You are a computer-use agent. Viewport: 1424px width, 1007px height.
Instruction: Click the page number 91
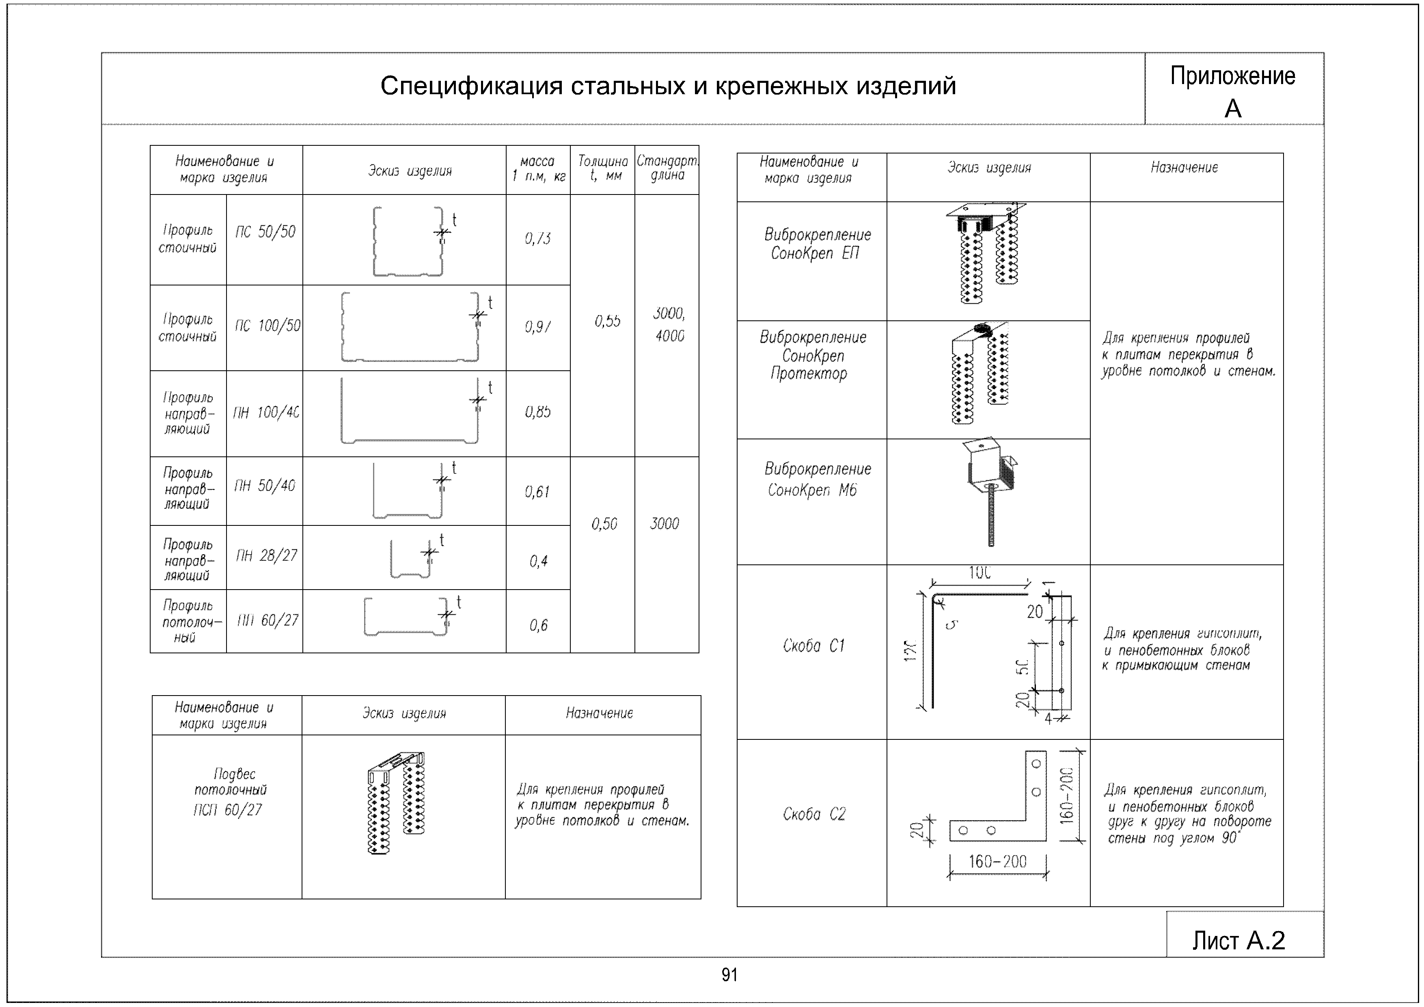[x=729, y=975]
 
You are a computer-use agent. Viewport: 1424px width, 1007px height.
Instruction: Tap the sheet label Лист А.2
[x=1238, y=941]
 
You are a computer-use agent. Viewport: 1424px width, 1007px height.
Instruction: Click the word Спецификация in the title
[x=471, y=86]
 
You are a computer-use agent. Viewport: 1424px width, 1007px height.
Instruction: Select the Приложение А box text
[x=1232, y=92]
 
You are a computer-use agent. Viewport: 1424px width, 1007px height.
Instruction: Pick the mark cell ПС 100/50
[x=267, y=326]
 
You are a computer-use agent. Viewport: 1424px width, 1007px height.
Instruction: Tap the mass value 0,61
[x=537, y=492]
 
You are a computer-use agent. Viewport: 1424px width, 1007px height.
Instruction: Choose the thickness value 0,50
[x=604, y=524]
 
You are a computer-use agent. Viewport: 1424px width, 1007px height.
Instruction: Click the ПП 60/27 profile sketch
[x=406, y=618]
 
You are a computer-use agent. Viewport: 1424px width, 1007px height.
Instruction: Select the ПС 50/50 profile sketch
[x=408, y=241]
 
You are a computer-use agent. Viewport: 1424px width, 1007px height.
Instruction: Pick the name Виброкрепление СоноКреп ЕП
[x=817, y=244]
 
